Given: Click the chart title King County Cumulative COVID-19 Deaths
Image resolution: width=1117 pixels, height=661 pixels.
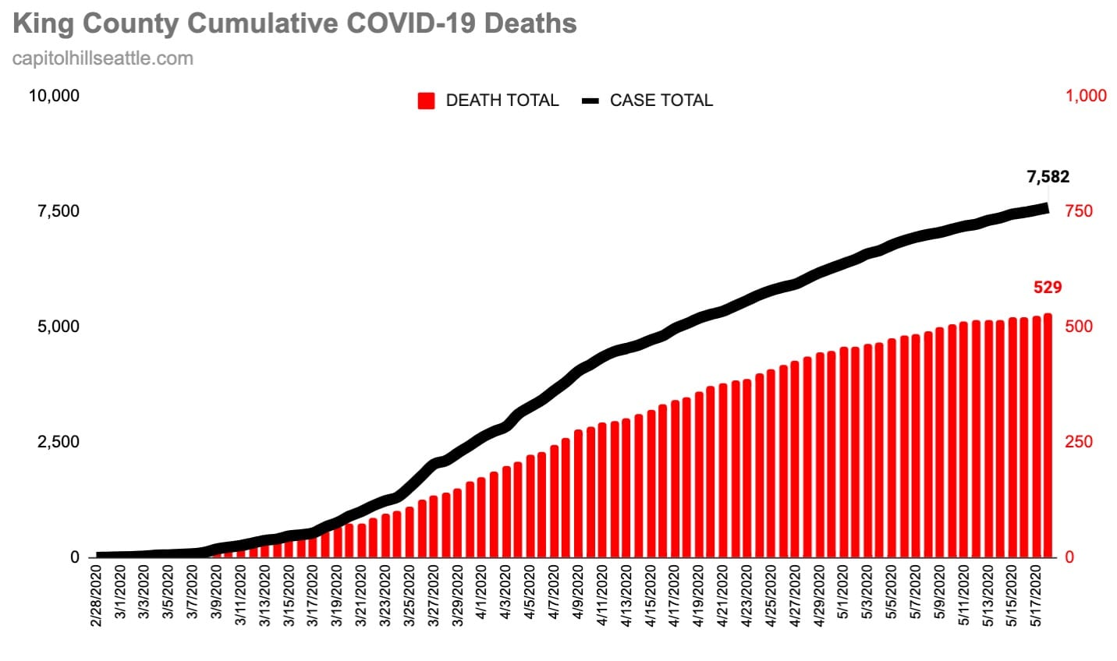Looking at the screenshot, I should coord(295,23).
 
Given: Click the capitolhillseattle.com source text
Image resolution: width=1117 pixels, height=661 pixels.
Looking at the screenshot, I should coord(103,58).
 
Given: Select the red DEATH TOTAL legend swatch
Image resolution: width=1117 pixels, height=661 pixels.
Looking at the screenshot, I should coord(426,101).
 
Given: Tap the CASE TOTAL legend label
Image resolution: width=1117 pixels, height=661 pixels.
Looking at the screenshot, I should coord(661,101).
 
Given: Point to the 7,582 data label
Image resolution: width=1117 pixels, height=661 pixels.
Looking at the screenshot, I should coord(1048,177).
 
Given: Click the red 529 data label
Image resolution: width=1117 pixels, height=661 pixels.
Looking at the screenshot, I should coord(1048,288).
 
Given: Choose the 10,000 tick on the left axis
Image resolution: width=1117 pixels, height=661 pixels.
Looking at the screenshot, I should coord(54,96).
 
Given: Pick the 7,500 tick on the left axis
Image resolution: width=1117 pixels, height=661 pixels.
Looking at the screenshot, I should coord(59,211).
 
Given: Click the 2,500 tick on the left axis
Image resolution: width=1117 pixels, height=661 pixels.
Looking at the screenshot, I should coord(59,442).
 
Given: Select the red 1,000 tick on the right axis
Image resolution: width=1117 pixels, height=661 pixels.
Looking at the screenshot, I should coord(1086,96).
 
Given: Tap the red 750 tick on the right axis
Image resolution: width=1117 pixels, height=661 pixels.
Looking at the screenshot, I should coord(1079,211).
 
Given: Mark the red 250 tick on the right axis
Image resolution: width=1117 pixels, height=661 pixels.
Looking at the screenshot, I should coord(1079,442).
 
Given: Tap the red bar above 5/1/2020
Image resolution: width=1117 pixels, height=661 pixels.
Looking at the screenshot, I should coord(844,452).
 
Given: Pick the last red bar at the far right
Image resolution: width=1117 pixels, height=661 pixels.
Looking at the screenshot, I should coord(1048,436).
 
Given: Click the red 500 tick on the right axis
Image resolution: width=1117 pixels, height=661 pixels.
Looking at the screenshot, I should coord(1079,327).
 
